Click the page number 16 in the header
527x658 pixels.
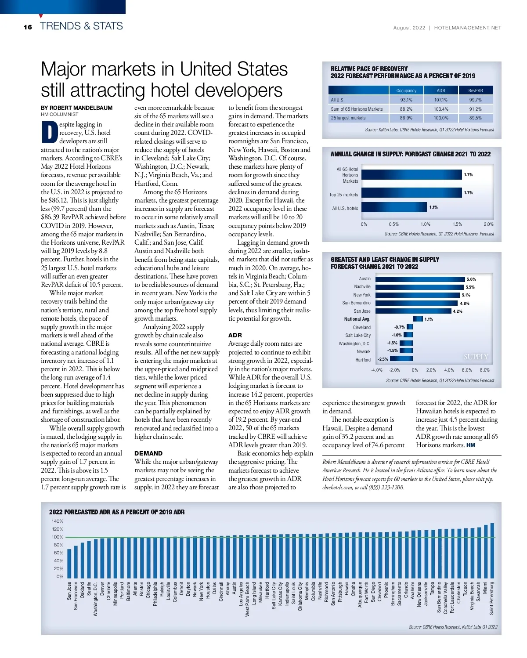(x=28, y=27)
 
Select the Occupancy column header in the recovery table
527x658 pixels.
(x=406, y=90)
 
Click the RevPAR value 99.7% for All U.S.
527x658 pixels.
(x=475, y=100)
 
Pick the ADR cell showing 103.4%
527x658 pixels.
(x=441, y=109)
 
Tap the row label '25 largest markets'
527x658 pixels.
(x=348, y=118)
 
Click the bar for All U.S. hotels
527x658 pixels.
(x=394, y=207)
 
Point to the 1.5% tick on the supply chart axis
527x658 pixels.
(x=457, y=224)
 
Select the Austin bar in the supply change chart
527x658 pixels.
(x=420, y=279)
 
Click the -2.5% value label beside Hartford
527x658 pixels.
(x=383, y=359)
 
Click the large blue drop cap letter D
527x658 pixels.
(x=50, y=132)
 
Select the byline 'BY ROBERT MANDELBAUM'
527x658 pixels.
(x=76, y=108)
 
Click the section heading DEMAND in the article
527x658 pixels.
(x=148, y=453)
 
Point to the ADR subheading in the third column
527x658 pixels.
(x=235, y=335)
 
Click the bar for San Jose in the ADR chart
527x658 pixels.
(x=69, y=564)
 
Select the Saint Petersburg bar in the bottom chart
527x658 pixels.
(x=492, y=551)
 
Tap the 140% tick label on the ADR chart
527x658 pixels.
(x=58, y=521)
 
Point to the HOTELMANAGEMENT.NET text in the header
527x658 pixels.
(x=467, y=28)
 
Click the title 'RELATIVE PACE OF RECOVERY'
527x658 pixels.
(x=369, y=69)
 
